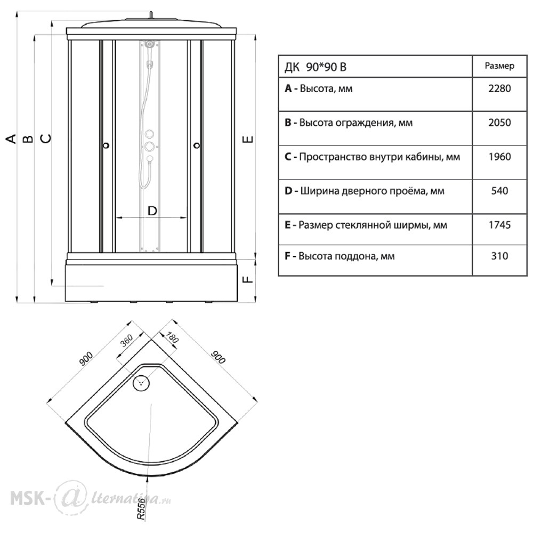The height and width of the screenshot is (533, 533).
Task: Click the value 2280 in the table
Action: pos(499,88)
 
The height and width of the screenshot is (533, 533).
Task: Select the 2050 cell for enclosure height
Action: pos(499,123)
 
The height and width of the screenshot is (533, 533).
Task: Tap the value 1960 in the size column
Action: pos(499,157)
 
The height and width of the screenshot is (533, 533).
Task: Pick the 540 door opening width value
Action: pos(499,191)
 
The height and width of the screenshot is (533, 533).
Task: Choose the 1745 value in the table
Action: pos(499,225)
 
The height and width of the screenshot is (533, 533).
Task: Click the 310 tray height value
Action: pos(499,256)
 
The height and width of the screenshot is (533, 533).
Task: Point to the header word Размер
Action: pos(499,66)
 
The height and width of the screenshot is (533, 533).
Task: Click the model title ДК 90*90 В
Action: pos(315,67)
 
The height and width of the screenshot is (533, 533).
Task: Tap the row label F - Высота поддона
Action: pos(340,256)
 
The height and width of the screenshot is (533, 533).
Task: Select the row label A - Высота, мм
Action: pos(319,88)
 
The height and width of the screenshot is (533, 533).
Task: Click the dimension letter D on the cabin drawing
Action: pos(152,211)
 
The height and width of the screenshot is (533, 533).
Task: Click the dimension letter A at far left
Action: pos(11,139)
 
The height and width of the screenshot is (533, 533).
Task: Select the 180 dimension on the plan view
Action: pos(172,338)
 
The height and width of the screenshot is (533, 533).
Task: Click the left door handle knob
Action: pos(107,146)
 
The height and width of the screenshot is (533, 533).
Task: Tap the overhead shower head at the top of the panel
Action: pos(150,44)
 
